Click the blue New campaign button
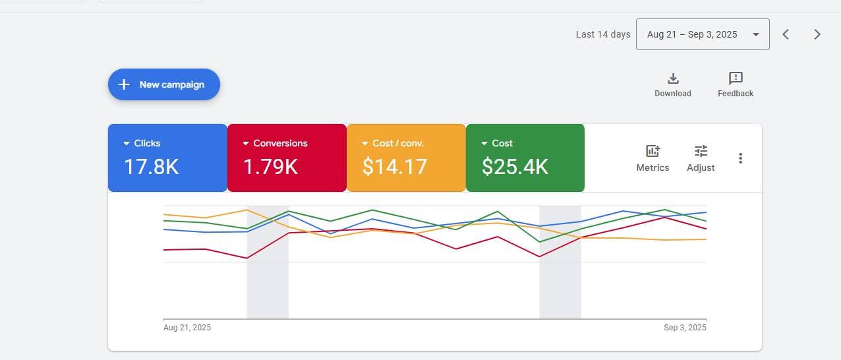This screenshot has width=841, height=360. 163,84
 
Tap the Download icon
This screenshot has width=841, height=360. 673,79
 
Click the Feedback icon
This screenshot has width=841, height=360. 736,79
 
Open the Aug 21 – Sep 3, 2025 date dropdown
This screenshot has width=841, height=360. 702,34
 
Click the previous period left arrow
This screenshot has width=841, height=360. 786,34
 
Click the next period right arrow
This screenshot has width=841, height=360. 817,34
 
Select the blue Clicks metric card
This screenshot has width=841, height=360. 167,158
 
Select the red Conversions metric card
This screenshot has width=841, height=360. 287,158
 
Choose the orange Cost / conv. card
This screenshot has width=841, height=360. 406,158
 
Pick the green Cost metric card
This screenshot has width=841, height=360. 525,158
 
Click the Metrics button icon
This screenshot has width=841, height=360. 652,152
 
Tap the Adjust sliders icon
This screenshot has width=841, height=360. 701,152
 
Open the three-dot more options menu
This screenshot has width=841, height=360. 741,158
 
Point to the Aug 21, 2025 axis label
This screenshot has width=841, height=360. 187,328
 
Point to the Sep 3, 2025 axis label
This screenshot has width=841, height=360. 685,328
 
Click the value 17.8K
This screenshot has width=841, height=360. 152,167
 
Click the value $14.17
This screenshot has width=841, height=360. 395,167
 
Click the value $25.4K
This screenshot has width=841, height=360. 515,167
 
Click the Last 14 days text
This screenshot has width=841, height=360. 603,34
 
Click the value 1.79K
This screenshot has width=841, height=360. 270,167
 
